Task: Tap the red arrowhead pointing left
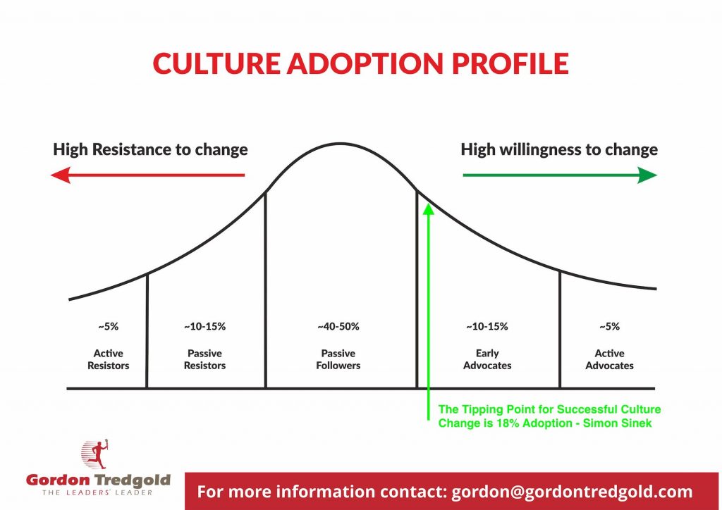tap(61, 175)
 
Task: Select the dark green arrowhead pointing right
tap(647, 175)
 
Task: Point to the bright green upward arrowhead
tap(429, 209)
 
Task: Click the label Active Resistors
tap(108, 359)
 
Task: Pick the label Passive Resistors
tap(204, 359)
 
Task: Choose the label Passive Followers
tap(338, 359)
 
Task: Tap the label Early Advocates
tap(487, 359)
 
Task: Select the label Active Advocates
tap(609, 359)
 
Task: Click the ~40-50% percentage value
tap(338, 327)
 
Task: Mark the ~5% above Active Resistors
tap(108, 327)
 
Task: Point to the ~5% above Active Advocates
tap(609, 327)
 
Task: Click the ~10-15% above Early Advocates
tap(487, 327)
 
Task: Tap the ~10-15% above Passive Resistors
tap(204, 327)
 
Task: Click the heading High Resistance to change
tap(150, 150)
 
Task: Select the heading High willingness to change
tap(559, 150)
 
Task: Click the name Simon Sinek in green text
tap(617, 423)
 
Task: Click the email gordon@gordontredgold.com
tap(572, 492)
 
